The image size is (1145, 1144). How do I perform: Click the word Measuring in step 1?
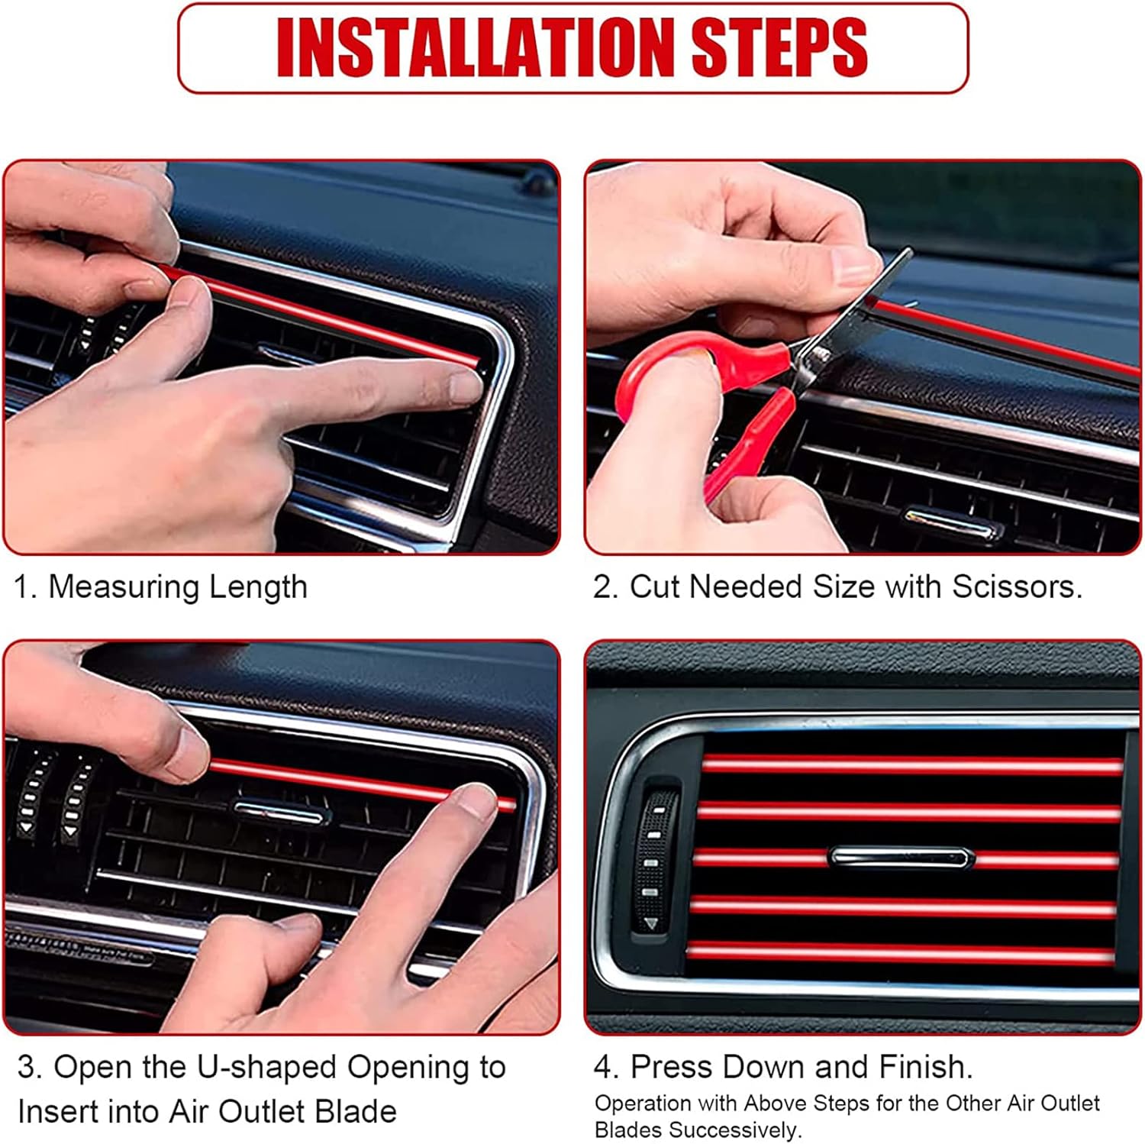pyautogui.click(x=123, y=588)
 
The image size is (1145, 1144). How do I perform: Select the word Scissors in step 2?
pyautogui.click(x=1017, y=587)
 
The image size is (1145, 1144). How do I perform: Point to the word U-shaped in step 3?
pyautogui.click(x=266, y=1068)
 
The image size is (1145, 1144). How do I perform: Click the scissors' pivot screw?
pyautogui.click(x=821, y=354)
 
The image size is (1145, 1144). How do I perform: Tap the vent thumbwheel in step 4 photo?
pyautogui.click(x=656, y=861)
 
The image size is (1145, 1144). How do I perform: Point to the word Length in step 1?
pyautogui.click(x=258, y=588)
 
